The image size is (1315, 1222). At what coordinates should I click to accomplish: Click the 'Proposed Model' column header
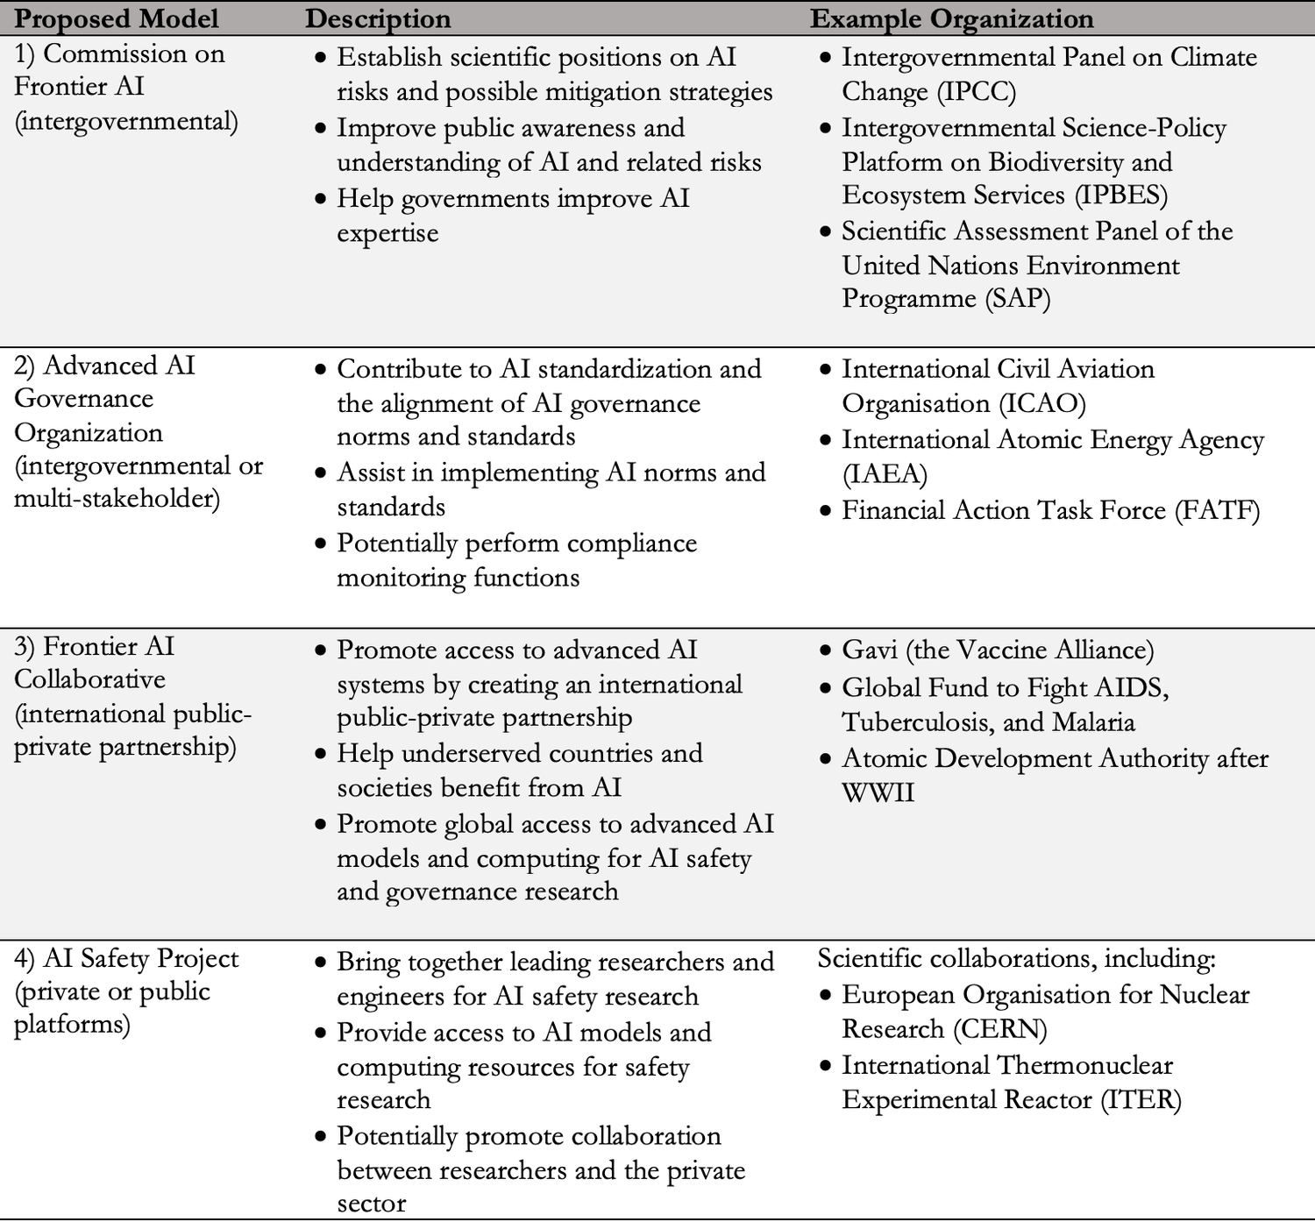coord(117,18)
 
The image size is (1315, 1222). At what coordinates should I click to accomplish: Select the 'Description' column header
coord(378,18)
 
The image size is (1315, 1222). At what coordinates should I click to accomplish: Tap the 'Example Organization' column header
coord(951,18)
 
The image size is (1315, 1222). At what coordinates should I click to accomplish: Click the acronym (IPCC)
coord(977,92)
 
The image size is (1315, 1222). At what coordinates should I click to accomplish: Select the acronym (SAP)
coord(1017,299)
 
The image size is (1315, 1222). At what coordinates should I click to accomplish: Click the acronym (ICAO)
coord(1042,404)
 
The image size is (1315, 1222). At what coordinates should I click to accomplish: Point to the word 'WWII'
coord(878,793)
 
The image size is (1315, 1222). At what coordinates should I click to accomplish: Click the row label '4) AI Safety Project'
coord(126,959)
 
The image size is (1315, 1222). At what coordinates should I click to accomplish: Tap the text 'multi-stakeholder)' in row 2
coord(117,499)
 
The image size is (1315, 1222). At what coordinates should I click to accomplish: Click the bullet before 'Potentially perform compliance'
coord(321,544)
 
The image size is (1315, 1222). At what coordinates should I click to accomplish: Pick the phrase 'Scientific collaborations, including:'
coord(1016,959)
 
